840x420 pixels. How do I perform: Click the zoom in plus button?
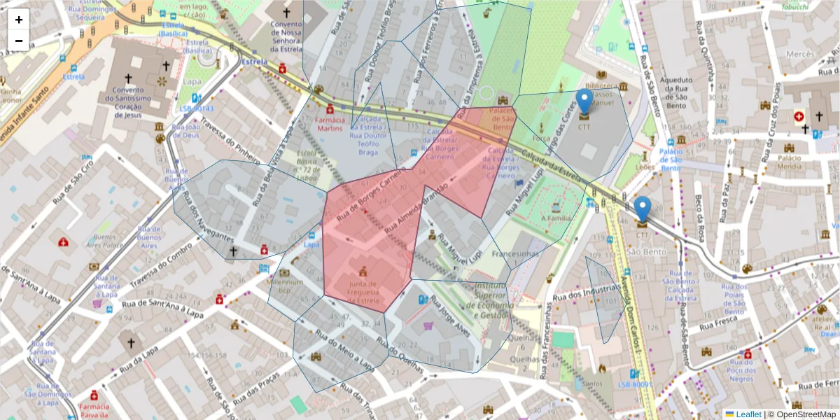pos(19,20)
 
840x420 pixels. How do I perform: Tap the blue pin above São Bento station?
pos(642,209)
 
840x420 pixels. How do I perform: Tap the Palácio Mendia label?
pos(790,162)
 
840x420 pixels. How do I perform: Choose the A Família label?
pos(556,218)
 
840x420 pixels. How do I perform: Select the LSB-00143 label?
pos(195,108)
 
